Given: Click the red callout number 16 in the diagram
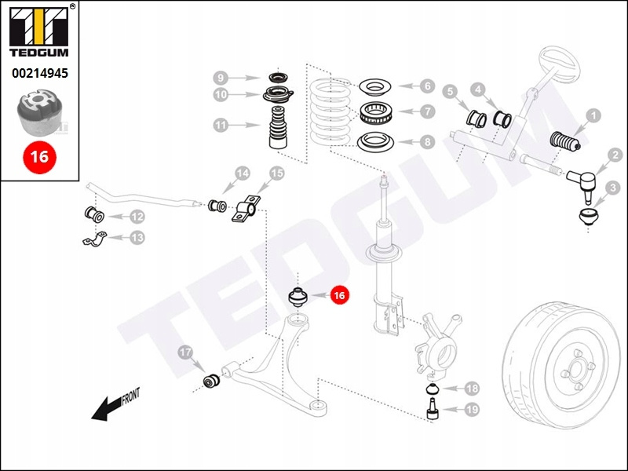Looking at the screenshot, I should (339, 296).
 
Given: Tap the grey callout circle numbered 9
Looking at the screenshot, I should (221, 78).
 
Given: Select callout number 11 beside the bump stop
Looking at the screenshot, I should (221, 125).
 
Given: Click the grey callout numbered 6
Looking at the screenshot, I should (426, 86).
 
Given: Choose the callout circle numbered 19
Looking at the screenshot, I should (472, 409).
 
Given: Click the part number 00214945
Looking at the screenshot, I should (39, 75).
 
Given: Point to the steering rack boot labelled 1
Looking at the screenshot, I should (562, 142).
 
